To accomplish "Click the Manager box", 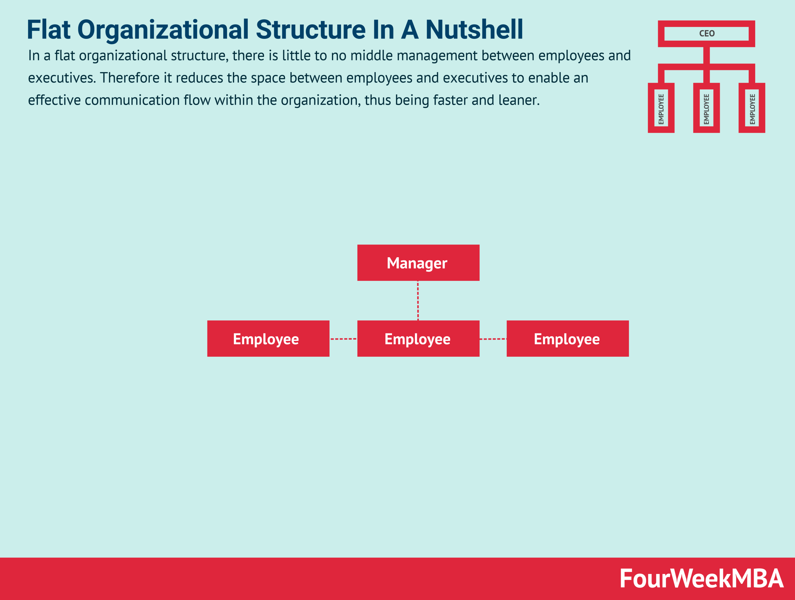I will coord(418,263).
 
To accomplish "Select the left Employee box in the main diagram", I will coord(268,339).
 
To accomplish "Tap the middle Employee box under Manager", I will coord(418,339).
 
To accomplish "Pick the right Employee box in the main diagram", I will coord(567,339).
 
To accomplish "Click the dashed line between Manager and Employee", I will coord(418,300).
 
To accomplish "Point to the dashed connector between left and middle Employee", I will coord(343,339).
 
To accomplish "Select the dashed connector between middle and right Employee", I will coord(493,339).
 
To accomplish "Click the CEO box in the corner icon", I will coord(706,34).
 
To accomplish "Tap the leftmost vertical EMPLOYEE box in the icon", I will coord(661,108).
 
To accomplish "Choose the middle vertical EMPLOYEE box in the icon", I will coord(706,108).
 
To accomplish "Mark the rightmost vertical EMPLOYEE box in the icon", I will coord(752,108).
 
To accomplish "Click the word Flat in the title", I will coord(48,30).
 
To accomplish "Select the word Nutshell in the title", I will coord(474,30).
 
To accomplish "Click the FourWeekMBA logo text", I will coord(701,579).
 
